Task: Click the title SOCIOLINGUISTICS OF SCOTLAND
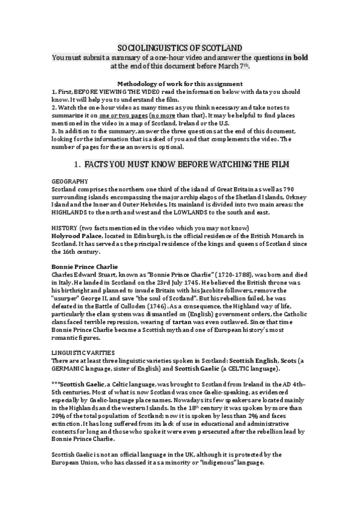tap(180, 47)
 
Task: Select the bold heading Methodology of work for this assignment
tap(180, 83)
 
